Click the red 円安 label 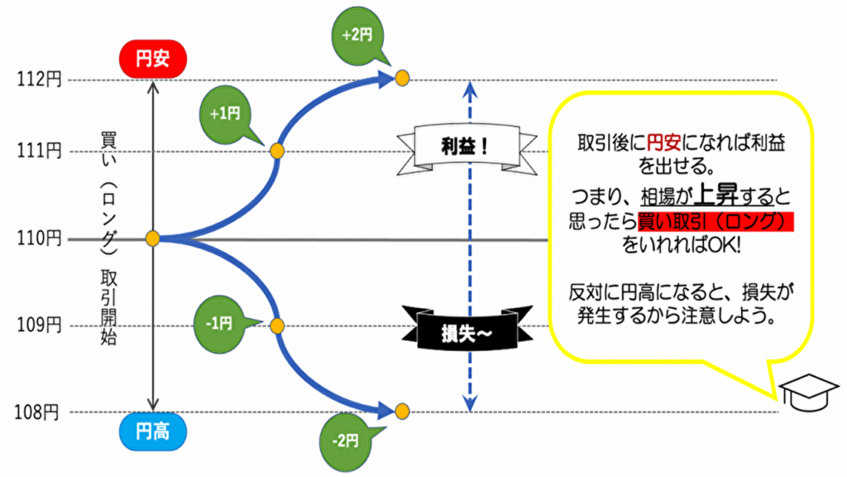tap(151, 58)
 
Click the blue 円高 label tap(151, 431)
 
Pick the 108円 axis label tap(38, 412)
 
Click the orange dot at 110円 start tap(152, 239)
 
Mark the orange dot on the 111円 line tap(277, 152)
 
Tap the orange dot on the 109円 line tap(277, 325)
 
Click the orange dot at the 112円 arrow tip tap(402, 79)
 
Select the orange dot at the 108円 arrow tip tap(402, 411)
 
